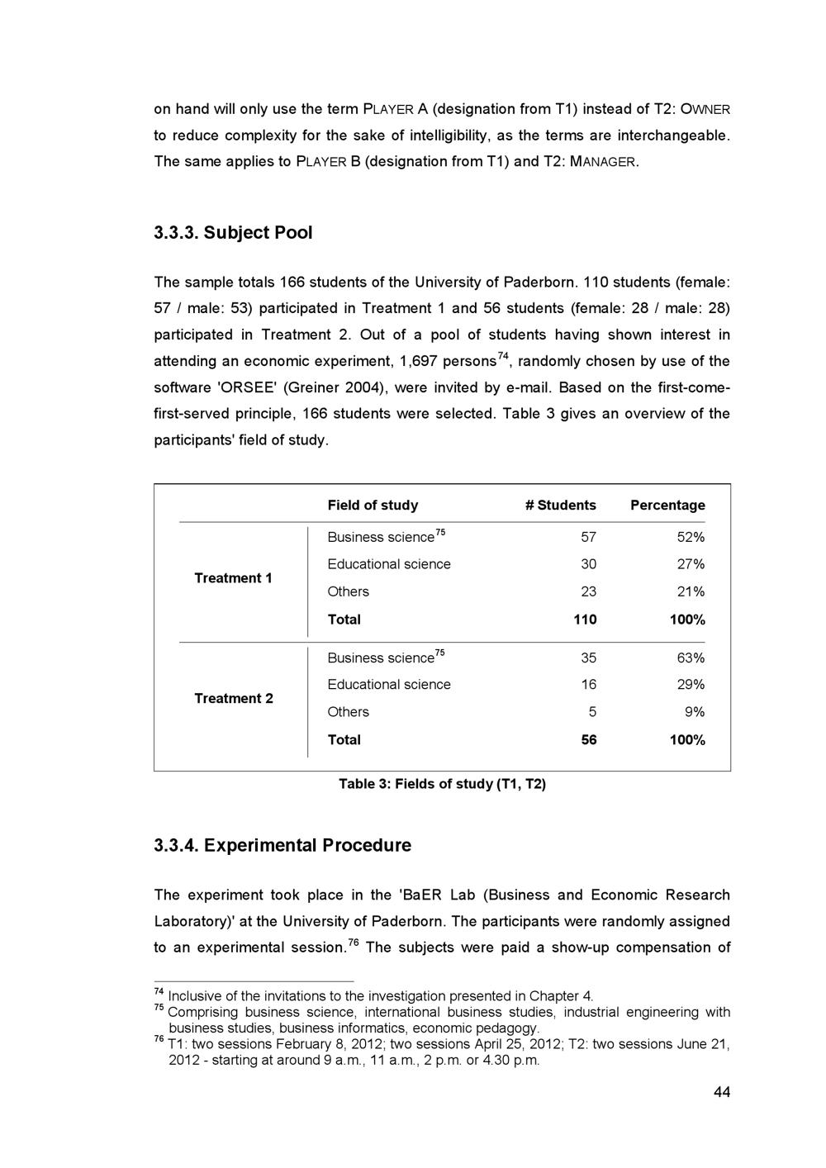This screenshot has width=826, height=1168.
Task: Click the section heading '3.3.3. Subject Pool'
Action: point(234,233)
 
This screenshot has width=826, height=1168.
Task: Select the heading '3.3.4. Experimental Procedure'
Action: point(282,846)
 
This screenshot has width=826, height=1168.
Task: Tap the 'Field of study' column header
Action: point(373,505)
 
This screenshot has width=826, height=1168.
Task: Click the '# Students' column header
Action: point(560,505)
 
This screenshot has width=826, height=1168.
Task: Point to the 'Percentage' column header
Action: point(667,505)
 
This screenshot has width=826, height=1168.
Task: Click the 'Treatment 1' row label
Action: point(233,578)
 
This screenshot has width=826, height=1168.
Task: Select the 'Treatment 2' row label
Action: point(233,699)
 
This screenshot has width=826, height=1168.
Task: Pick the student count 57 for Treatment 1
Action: point(588,538)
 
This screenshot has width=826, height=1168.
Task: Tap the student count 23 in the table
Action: point(588,592)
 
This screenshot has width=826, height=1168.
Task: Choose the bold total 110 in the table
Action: point(585,620)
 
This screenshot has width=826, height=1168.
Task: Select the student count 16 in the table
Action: point(588,685)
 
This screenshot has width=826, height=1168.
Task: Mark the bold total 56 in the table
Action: point(588,740)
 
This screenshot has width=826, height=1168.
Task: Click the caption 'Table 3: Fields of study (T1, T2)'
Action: point(442,784)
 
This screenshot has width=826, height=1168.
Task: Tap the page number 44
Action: point(722,1093)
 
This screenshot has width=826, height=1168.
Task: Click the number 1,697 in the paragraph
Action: point(418,362)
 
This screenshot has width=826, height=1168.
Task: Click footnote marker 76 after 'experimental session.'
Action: point(353,942)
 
